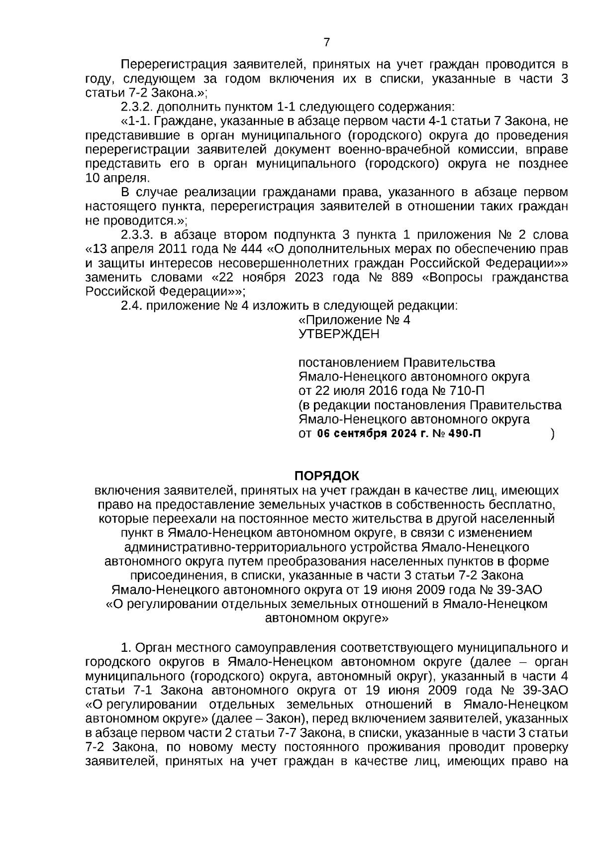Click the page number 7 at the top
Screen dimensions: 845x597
click(x=326, y=42)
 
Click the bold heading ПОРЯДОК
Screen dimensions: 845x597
click(x=326, y=476)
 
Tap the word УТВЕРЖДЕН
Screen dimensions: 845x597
click(x=339, y=334)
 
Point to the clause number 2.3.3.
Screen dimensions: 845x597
click(x=137, y=235)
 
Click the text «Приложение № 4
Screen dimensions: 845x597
click(x=354, y=320)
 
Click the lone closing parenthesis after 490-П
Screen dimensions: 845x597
click(x=553, y=434)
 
